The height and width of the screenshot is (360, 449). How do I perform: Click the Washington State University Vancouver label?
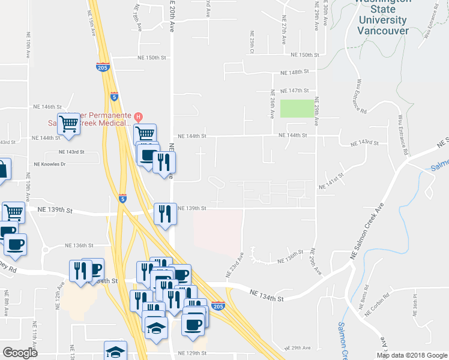[x=382, y=15]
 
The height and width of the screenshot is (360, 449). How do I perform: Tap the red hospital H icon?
[x=138, y=116]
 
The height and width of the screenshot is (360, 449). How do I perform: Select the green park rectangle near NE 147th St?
[x=297, y=109]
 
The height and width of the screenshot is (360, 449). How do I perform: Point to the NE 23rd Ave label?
[x=235, y=265]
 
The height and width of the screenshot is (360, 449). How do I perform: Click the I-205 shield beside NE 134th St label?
[x=218, y=305]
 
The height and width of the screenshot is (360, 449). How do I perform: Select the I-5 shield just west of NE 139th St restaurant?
[x=122, y=199]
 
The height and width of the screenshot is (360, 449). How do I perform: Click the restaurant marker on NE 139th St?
[x=165, y=214]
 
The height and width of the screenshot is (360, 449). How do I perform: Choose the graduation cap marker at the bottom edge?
[x=116, y=352]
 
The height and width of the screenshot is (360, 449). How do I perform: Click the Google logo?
[x=19, y=353]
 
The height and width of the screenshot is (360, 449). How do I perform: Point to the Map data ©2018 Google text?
[x=412, y=355]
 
